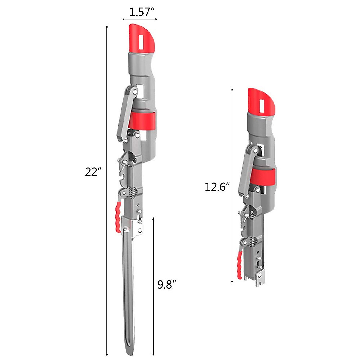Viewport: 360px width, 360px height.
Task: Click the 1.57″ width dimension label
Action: (142, 12)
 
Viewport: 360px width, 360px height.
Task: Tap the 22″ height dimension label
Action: (93, 172)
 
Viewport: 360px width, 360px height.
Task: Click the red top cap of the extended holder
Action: (142, 38)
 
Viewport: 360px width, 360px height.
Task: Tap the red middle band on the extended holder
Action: (143, 121)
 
